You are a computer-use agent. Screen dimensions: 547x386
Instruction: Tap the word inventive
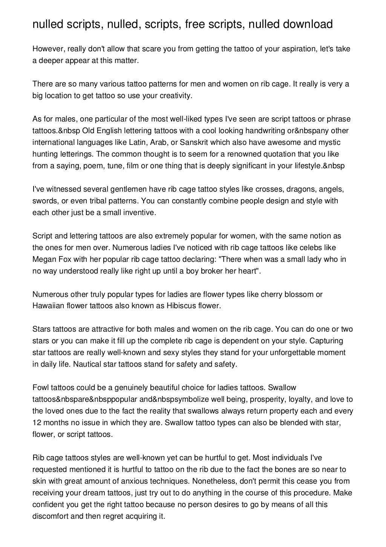tap(139, 213)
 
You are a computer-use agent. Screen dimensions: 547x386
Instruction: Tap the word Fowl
tap(40, 388)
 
